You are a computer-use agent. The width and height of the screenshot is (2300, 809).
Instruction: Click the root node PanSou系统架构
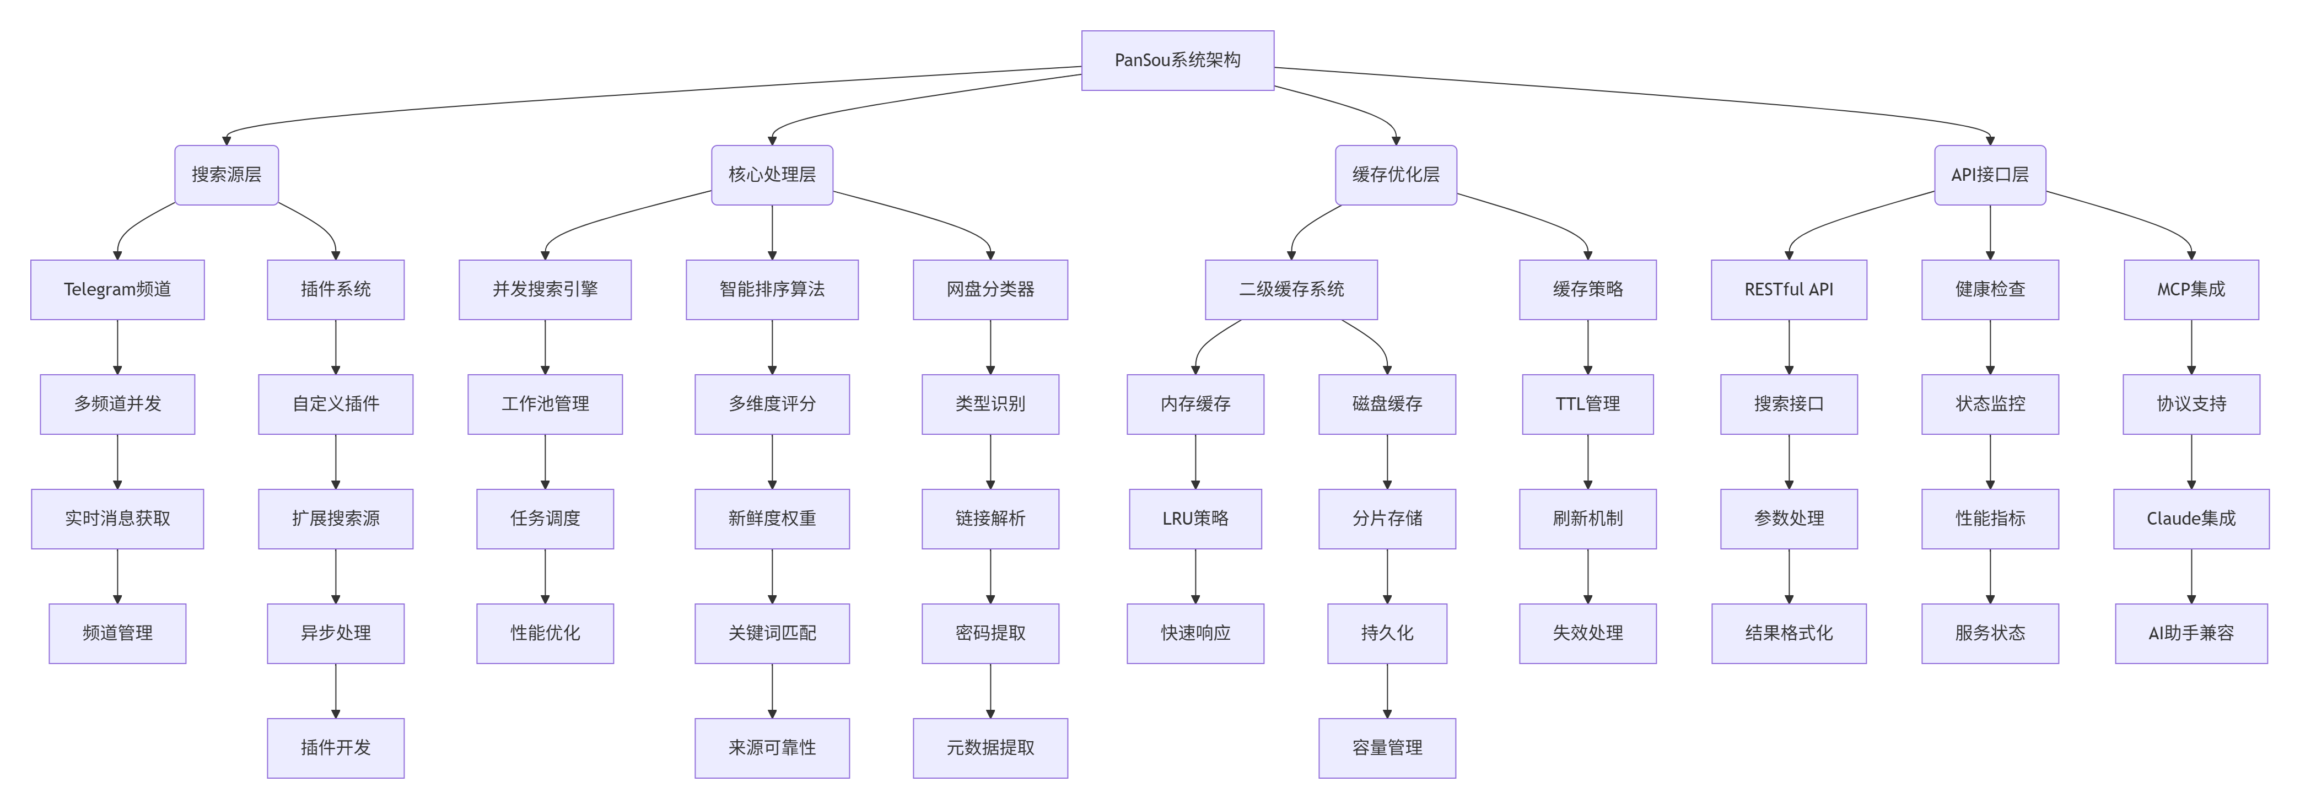(x=1177, y=60)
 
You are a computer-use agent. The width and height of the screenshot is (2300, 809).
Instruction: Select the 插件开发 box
(x=336, y=747)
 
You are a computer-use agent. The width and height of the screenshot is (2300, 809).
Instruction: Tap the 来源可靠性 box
(x=772, y=747)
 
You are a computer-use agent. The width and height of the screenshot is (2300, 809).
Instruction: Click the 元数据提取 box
(x=990, y=747)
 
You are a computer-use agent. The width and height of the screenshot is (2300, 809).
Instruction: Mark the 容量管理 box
(x=1387, y=747)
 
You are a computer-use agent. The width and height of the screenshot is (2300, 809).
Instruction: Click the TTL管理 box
(x=1587, y=403)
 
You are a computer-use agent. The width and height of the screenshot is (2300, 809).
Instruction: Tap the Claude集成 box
(x=2191, y=519)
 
